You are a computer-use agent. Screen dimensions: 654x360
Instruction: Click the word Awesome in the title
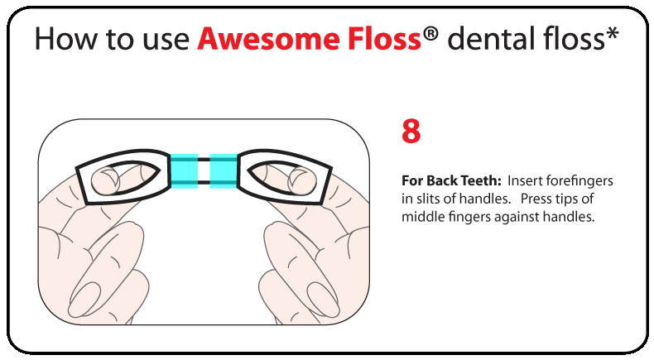(x=269, y=39)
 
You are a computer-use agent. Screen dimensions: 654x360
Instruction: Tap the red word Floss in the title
(x=385, y=38)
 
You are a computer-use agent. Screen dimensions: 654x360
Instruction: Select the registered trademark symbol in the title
(x=430, y=33)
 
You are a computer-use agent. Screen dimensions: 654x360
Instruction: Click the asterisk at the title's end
(x=612, y=33)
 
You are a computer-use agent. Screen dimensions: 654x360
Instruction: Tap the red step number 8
(x=411, y=131)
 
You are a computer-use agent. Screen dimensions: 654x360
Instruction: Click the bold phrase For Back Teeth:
(x=451, y=180)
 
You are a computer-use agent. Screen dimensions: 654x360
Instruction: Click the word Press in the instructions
(x=536, y=199)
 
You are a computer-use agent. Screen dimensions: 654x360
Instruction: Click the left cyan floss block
(x=184, y=170)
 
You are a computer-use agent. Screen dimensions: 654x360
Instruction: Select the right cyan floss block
(x=224, y=170)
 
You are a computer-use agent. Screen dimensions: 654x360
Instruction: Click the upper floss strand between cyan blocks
(x=204, y=160)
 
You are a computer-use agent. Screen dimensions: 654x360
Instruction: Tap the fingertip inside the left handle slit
(x=105, y=181)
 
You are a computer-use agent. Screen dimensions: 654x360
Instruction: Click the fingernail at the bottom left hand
(x=84, y=298)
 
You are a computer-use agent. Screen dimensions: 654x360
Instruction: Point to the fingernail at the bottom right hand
(x=323, y=299)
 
